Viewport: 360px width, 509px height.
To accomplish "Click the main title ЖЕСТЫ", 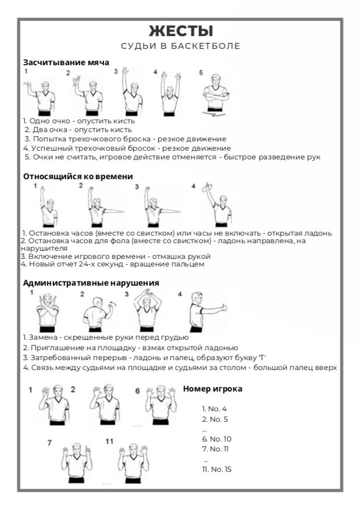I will tap(180, 31).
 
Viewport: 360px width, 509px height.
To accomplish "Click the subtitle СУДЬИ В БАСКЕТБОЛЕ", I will tap(180, 46).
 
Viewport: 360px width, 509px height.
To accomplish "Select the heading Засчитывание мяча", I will tap(66, 62).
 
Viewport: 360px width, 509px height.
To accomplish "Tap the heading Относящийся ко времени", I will tap(78, 176).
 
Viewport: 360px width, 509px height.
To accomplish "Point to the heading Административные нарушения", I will tap(91, 283).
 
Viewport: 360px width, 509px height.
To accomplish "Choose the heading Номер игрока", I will tap(212, 389).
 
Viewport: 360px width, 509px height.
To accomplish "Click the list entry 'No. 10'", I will tap(216, 439).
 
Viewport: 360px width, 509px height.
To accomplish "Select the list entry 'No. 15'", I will tap(216, 469).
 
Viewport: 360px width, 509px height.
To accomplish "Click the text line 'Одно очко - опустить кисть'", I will tap(79, 121).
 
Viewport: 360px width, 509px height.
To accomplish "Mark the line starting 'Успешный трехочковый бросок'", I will tap(127, 148).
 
